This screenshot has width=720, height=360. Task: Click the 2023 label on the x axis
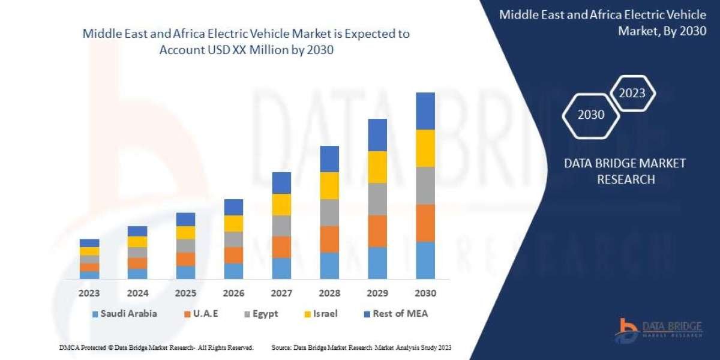tap(89, 293)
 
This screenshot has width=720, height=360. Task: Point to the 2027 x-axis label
tap(281, 293)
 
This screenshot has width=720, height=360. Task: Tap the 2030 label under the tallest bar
tap(425, 293)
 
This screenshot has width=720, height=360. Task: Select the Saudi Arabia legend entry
tap(124, 314)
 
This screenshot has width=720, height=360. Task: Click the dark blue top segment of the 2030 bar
tap(425, 111)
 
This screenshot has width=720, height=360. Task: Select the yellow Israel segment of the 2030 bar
tap(425, 148)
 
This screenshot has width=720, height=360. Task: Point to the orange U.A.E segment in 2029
tap(377, 231)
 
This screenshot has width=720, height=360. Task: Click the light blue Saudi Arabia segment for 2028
tap(329, 265)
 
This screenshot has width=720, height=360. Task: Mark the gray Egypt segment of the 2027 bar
tap(281, 226)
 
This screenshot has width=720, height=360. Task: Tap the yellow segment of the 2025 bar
tap(185, 233)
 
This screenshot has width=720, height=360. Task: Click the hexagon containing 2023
tap(632, 93)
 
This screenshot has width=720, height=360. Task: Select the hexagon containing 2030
tap(591, 115)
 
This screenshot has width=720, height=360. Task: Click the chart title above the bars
tap(246, 42)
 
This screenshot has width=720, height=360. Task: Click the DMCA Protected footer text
tap(156, 347)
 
